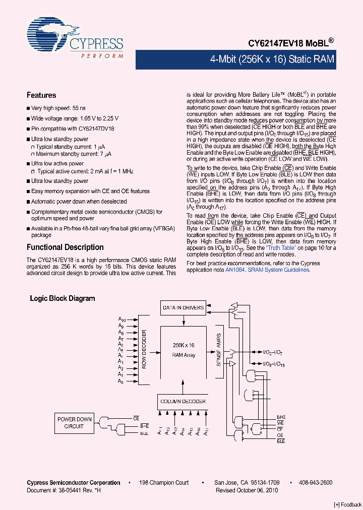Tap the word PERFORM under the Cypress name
(x=102, y=56)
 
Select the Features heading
(x=41, y=95)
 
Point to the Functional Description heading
(x=65, y=247)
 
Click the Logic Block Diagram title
(x=63, y=298)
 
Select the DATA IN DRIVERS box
(x=183, y=307)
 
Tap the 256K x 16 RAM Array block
(x=184, y=350)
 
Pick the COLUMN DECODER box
(x=183, y=401)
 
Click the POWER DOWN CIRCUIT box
(x=74, y=423)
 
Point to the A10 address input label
(x=122, y=320)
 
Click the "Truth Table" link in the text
(x=280, y=248)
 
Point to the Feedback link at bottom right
(x=347, y=504)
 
